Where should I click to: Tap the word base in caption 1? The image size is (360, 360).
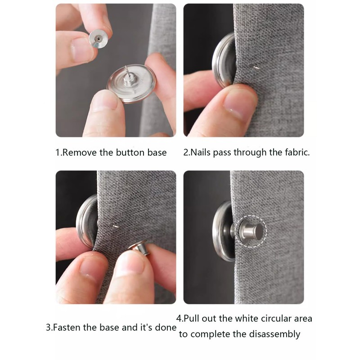(x=157, y=153)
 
